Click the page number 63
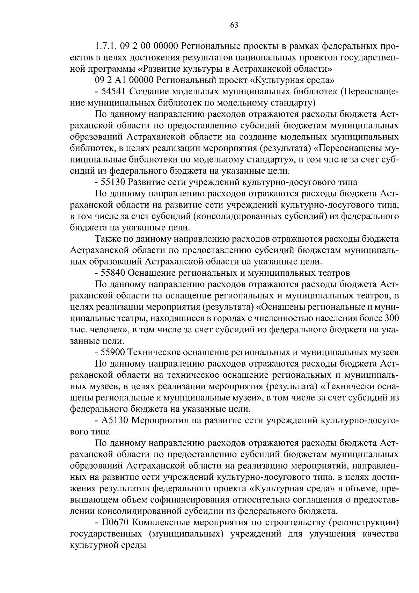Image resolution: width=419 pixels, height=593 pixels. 234,25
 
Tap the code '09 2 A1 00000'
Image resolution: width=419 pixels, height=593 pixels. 125,80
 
